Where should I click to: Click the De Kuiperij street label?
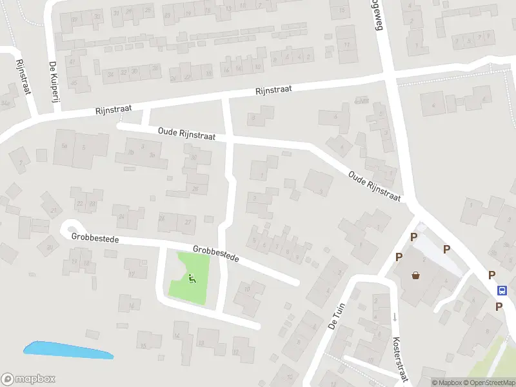(54, 85)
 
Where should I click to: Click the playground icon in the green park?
(191, 279)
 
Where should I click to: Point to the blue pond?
(68, 350)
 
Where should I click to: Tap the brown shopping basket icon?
(416, 275)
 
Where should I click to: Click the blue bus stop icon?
(502, 291)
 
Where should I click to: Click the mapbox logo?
(29, 379)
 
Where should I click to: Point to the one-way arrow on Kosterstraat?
(395, 317)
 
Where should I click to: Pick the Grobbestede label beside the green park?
(216, 253)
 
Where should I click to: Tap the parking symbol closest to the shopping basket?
(399, 257)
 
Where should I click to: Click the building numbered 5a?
(64, 146)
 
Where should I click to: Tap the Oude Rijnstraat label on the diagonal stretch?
(374, 186)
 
